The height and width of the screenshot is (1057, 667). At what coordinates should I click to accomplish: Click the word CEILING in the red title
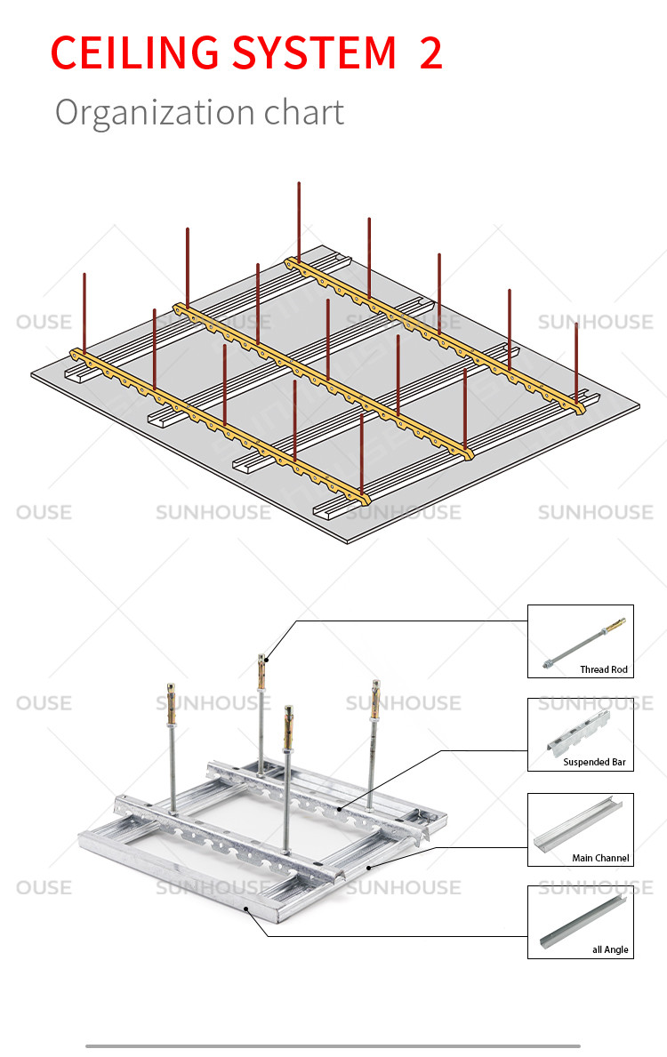pos(135,52)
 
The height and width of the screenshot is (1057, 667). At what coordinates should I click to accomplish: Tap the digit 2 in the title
pos(431,52)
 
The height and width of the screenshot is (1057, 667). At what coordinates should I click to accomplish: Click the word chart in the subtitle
pos(303,112)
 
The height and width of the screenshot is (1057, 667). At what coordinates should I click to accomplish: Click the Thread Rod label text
pos(604,669)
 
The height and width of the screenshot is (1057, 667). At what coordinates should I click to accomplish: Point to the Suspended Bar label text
pos(594,762)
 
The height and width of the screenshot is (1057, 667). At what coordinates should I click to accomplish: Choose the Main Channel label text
pos(600,858)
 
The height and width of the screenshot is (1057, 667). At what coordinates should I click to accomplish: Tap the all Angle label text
pos(610,949)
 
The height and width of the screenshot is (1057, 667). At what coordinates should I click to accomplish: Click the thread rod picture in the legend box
pos(584,643)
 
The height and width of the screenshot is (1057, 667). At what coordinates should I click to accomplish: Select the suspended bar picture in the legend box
pos(578,733)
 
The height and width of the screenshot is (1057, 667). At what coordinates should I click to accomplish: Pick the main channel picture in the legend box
pos(578,824)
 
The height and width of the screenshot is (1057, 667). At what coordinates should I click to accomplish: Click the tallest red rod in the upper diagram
pos(299,222)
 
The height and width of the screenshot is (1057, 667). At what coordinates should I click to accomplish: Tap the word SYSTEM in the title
pos(314,52)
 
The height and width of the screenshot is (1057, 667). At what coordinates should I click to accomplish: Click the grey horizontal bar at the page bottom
pos(333,1046)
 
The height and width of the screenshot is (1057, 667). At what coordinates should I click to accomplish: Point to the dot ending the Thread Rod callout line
pos(268,660)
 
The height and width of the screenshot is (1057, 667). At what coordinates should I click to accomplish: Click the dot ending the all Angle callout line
pos(246,909)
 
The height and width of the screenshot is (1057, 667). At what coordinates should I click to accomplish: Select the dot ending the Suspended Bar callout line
pos(339,809)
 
